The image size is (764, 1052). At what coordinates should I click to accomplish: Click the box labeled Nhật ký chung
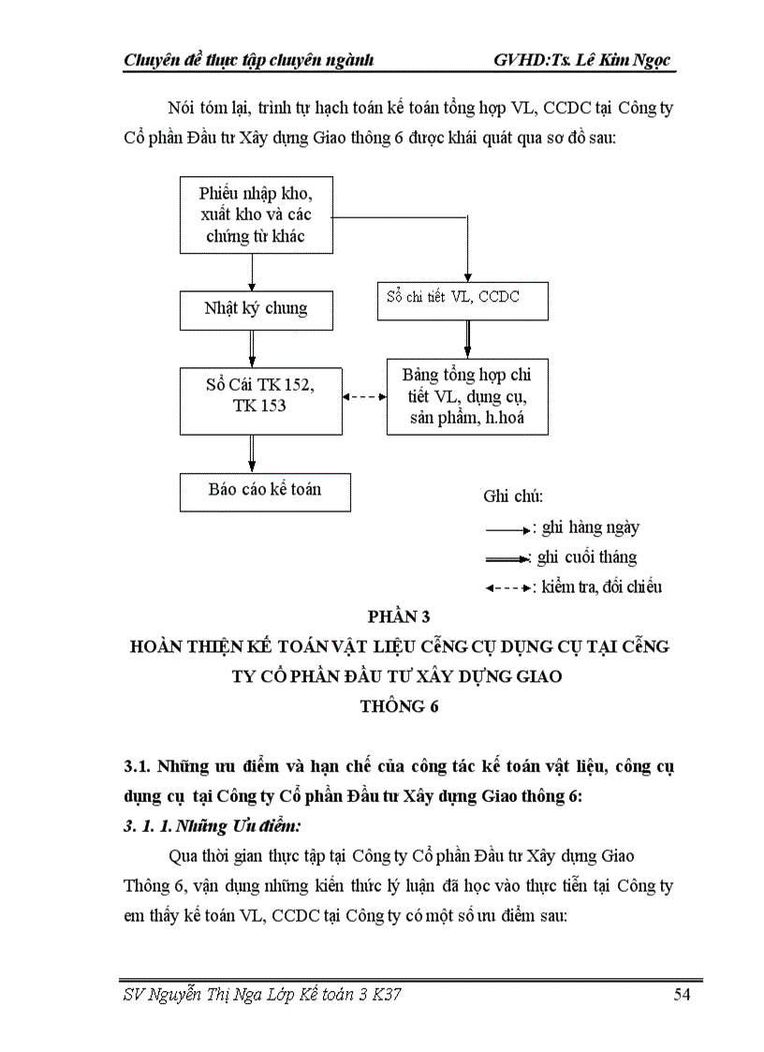pyautogui.click(x=256, y=309)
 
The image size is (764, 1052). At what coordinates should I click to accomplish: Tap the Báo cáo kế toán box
pyautogui.click(x=264, y=490)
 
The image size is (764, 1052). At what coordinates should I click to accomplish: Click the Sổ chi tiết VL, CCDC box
pyautogui.click(x=463, y=300)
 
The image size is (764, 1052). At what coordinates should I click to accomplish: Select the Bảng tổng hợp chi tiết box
pyautogui.click(x=467, y=396)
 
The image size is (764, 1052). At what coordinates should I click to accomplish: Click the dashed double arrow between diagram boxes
pyautogui.click(x=364, y=397)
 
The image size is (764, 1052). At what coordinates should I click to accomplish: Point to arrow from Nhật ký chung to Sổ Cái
pyautogui.click(x=252, y=348)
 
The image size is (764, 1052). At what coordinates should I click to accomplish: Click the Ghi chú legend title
pyautogui.click(x=513, y=496)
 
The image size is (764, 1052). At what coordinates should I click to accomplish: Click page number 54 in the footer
pyautogui.click(x=682, y=995)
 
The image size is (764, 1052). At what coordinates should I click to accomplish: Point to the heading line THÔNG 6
pyautogui.click(x=399, y=706)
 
